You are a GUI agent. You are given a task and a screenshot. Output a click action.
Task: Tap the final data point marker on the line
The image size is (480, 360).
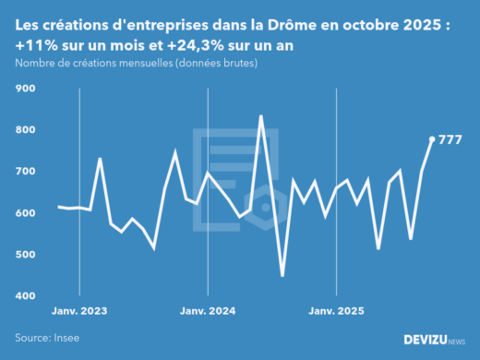tap(432, 139)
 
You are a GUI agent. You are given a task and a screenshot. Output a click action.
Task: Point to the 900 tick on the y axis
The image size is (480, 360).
tap(25, 89)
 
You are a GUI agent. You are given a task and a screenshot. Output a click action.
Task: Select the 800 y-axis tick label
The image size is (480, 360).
tap(25, 130)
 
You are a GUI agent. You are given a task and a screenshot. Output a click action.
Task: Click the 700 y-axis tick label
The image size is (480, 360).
tap(25, 172)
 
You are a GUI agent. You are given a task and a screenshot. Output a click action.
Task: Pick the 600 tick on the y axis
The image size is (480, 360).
tap(25, 213)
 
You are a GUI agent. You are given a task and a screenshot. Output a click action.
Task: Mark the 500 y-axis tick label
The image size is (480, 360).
tap(25, 255)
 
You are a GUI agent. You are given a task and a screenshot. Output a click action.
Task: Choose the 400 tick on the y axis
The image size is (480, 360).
tap(25, 296)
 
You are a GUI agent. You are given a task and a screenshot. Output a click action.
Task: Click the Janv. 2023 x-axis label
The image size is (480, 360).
tap(79, 311)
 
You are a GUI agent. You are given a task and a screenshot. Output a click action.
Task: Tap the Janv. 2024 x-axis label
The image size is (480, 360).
tap(208, 311)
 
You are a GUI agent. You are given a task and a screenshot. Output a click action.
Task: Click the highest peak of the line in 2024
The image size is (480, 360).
tap(261, 116)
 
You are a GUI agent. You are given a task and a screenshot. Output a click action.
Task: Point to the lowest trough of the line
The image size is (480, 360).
tap(282, 275)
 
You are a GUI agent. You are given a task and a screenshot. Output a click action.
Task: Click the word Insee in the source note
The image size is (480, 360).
tap(65, 338)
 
